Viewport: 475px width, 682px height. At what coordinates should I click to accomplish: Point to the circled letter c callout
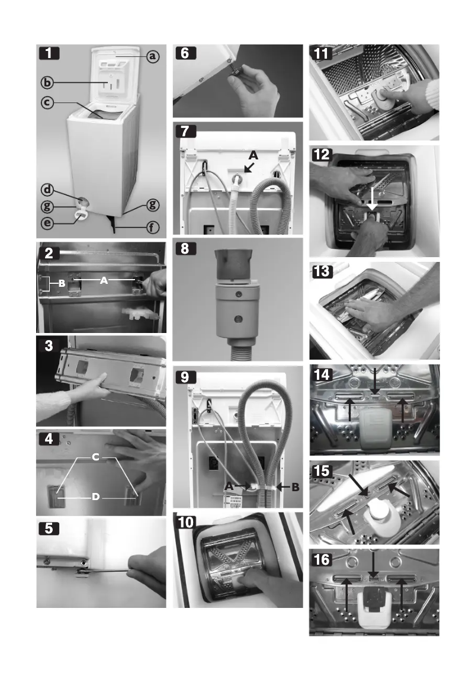[49, 103]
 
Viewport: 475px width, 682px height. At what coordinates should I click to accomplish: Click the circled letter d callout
[49, 190]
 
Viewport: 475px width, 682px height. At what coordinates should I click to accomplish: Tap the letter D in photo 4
[95, 497]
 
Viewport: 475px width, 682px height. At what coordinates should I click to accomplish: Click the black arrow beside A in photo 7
[249, 168]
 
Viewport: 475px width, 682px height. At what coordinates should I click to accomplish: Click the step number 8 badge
[185, 249]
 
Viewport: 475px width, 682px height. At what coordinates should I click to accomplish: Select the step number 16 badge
[322, 559]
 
